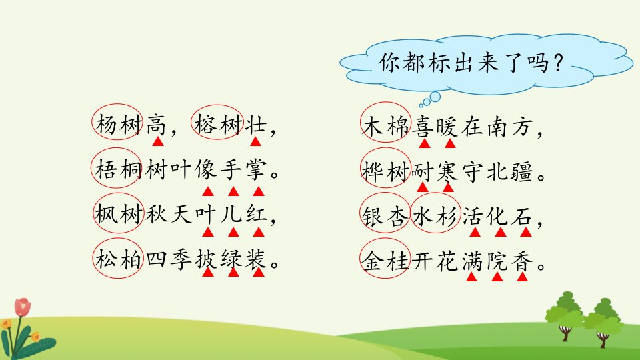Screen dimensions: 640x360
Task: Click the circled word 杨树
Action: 118,124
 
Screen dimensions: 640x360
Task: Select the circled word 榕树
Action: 218,124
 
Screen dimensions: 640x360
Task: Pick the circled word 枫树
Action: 119,214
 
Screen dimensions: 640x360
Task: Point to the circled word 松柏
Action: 119,259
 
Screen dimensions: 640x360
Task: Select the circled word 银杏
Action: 385,216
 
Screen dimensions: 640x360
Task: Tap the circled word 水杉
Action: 435,216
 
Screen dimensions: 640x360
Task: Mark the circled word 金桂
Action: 385,261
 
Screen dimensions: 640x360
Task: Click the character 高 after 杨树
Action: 157,125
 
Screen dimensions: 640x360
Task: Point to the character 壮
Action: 255,125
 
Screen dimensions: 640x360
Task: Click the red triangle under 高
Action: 158,141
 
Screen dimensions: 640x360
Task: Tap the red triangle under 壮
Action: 255,141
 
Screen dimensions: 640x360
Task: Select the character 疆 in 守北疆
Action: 522,171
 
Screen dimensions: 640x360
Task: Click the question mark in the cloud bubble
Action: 559,64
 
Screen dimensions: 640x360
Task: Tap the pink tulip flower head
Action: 23,307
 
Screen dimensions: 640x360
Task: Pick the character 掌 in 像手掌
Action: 256,169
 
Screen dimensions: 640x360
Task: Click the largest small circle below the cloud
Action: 435,97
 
